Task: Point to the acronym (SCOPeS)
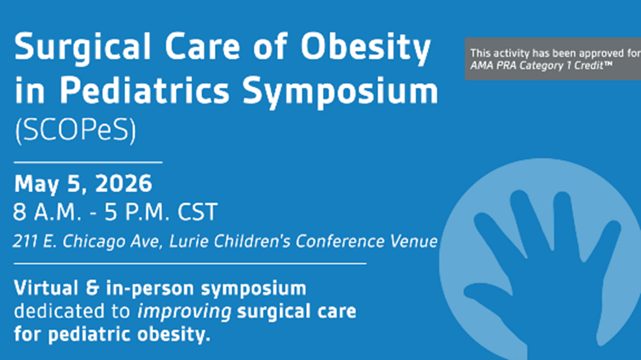tap(75, 131)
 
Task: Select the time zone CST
tap(197, 212)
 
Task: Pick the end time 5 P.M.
tap(137, 212)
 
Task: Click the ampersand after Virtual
tap(93, 288)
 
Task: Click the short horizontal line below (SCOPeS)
tap(88, 163)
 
